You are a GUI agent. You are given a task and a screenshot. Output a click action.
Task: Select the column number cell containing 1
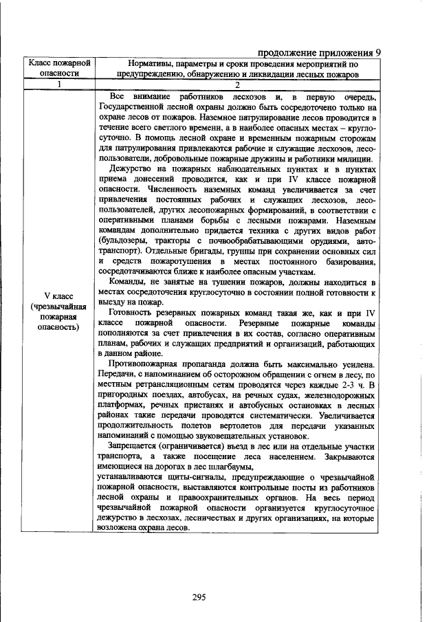pyautogui.click(x=59, y=85)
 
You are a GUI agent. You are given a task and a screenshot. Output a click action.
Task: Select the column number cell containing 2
pyautogui.click(x=237, y=85)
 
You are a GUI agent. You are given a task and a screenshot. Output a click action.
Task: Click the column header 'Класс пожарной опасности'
pyautogui.click(x=59, y=69)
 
